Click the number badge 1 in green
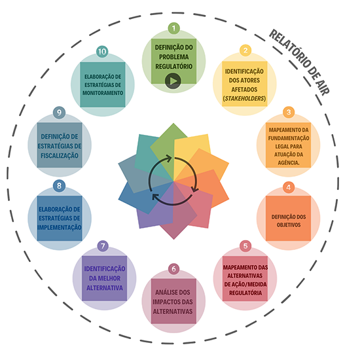tap(174, 28)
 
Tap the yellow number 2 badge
tap(245, 50)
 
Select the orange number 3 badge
tap(289, 113)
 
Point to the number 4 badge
tap(289, 187)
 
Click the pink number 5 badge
tap(245, 246)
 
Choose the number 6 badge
tap(174, 269)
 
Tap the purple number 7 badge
tap(103, 246)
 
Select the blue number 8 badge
tap(59, 185)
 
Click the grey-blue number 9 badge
tap(59, 113)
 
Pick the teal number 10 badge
tap(102, 52)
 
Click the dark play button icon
tap(173, 81)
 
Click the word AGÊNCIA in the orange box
tap(289, 163)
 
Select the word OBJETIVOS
tap(289, 225)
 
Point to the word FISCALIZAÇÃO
tap(60, 156)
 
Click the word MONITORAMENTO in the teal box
tap(103, 93)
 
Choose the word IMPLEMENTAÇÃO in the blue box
tap(60, 228)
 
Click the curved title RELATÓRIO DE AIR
tap(299, 62)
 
